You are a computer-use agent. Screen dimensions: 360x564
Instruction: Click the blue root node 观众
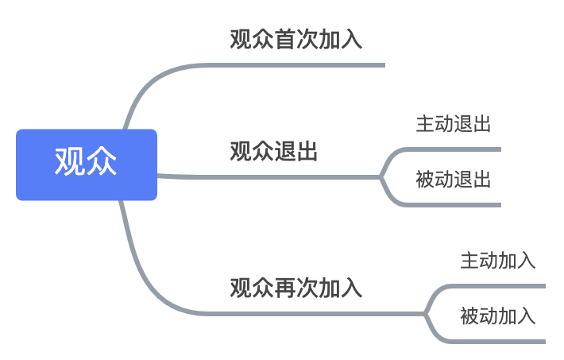coord(87,165)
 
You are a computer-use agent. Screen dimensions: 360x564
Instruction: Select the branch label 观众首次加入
coord(296,40)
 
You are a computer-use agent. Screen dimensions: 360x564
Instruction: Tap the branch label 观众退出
coord(273,152)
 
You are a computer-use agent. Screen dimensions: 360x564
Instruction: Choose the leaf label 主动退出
coord(453,124)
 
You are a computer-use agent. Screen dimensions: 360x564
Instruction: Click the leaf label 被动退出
coord(453,180)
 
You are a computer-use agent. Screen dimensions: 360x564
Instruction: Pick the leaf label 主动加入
coord(497,261)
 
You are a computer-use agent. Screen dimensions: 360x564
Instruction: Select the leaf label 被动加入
coord(497,316)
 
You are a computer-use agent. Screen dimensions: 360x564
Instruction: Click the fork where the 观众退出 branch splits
coord(381,176)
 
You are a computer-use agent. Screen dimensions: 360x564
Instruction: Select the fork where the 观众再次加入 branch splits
coord(426,313)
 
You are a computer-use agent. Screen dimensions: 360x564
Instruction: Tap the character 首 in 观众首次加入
coord(284,40)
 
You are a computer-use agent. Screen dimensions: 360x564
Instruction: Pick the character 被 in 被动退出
coord(425,180)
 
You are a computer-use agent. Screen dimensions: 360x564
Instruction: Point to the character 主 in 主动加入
coord(469,261)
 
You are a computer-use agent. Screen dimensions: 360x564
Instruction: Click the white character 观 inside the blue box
coord(70,162)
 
